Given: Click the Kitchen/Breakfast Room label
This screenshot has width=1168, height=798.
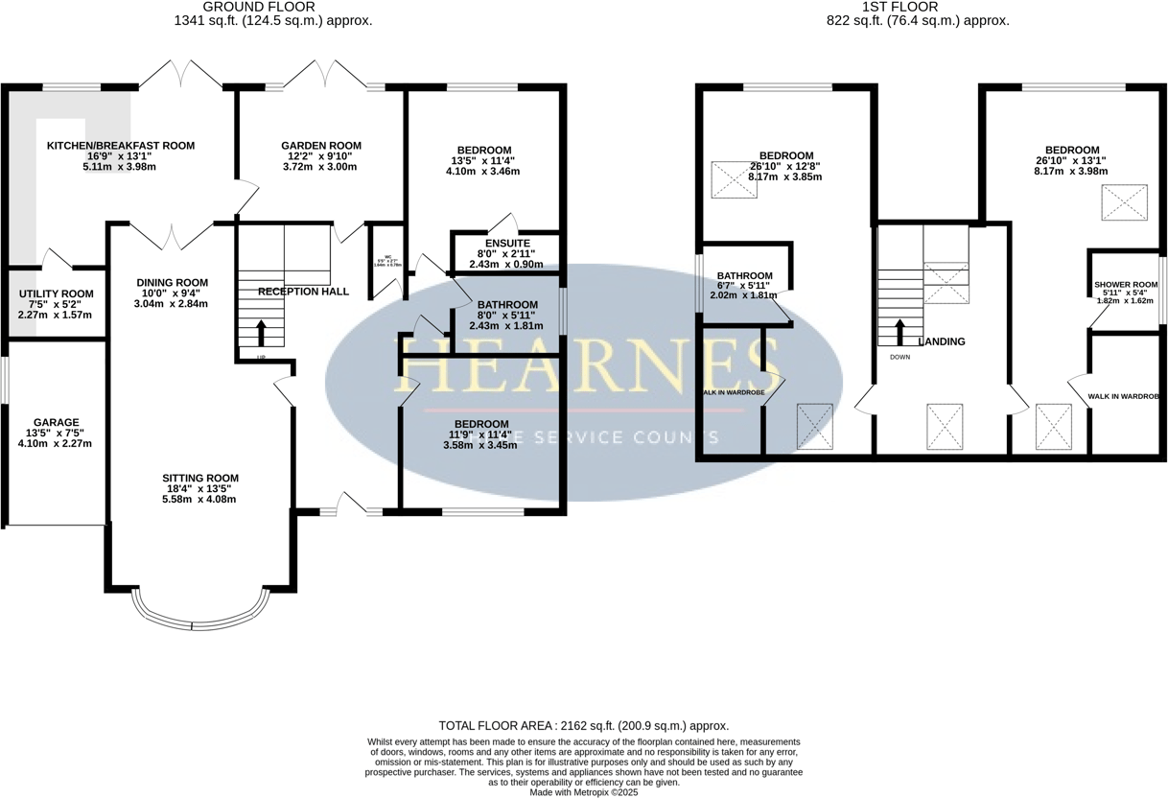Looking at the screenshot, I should tap(121, 146).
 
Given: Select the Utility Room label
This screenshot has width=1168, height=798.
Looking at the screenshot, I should tap(55, 293).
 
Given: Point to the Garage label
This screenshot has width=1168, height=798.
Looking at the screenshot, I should tap(56, 422).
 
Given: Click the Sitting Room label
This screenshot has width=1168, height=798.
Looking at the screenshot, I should tap(199, 478).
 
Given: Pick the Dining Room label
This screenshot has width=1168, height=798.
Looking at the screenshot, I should tap(172, 282).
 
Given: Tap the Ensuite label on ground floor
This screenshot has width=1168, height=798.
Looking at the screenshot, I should tap(505, 244).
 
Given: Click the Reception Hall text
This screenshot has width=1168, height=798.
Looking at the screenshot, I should tap(303, 292).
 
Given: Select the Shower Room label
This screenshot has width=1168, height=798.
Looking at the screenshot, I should tap(1126, 285).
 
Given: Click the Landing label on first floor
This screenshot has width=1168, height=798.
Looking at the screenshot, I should tap(941, 341).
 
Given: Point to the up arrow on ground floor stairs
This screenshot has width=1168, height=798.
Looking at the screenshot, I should tap(261, 332).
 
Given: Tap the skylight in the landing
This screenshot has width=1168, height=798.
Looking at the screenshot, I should tap(945, 426).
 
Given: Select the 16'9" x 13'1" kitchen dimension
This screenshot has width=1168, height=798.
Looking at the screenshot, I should tap(121, 156).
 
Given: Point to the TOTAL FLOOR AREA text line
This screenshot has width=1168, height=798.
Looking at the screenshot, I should tap(583, 726).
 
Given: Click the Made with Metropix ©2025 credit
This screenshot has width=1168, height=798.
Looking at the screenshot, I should tap(583, 792).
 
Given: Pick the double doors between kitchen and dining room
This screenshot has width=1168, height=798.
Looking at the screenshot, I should tap(172, 235).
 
